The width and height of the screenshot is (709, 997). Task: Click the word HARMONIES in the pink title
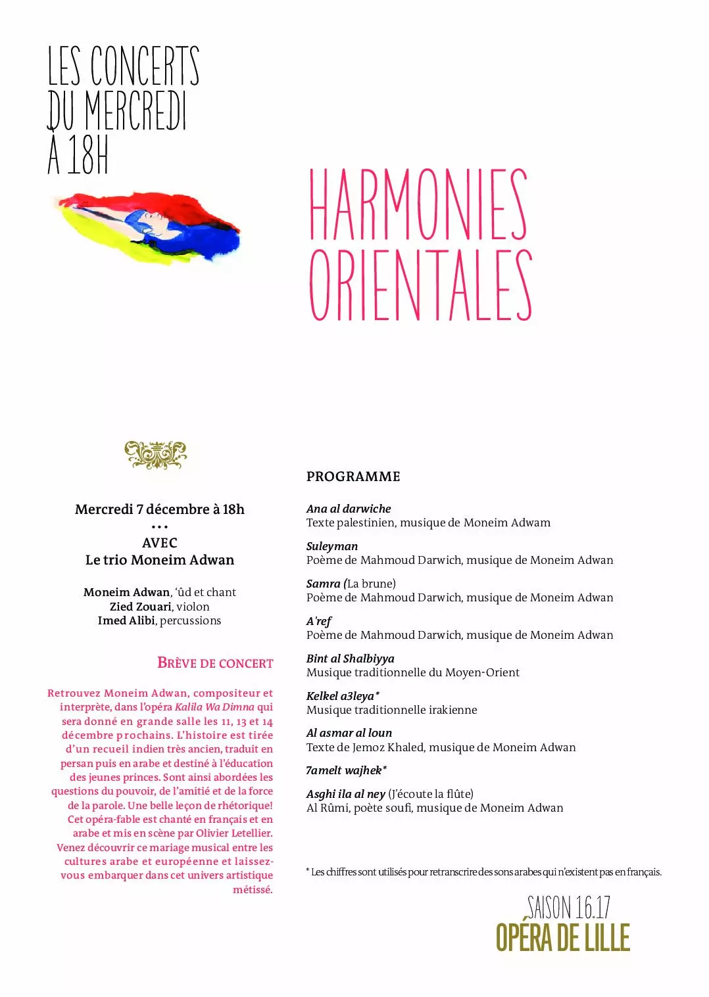point(418,204)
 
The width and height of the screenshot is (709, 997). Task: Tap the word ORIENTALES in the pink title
point(420,285)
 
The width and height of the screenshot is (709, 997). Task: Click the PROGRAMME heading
point(353,476)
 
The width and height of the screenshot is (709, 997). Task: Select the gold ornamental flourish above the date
point(156,455)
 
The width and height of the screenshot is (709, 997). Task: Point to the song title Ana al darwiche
point(349,509)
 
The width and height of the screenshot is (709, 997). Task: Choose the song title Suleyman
point(332,546)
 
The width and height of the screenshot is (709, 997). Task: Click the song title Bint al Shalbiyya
point(351,659)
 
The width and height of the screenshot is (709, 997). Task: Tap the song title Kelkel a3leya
point(341,696)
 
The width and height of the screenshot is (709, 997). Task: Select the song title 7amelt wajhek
point(345,770)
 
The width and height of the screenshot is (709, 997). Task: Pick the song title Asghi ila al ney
point(346,794)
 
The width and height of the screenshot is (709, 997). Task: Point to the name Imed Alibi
point(126,620)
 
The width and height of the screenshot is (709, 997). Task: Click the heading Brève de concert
point(215,662)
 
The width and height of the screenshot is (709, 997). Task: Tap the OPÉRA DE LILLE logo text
point(563,938)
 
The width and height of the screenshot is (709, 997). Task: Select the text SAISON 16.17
point(569,908)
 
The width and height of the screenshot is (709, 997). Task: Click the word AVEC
point(160,543)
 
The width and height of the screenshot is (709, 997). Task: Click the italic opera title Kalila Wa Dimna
point(214,707)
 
